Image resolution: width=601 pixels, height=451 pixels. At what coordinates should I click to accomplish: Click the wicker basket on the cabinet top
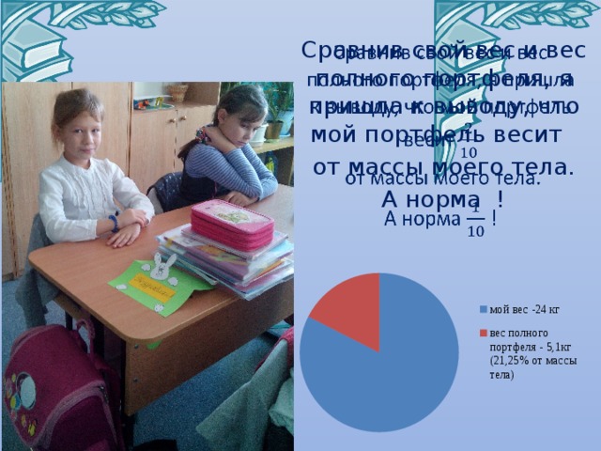[177, 92]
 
